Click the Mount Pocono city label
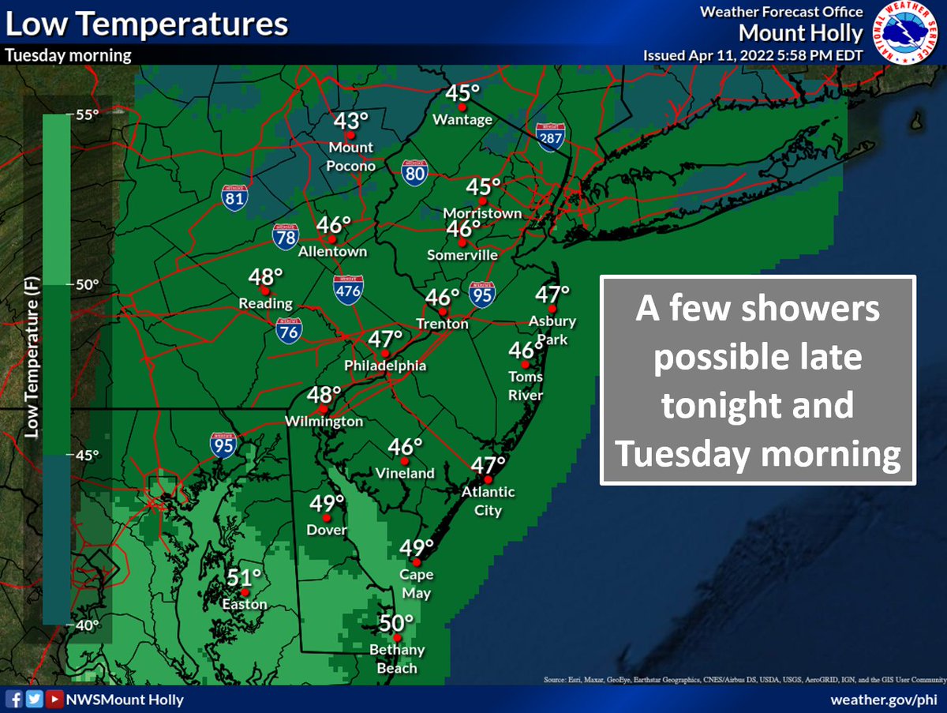351,156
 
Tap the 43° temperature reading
351,122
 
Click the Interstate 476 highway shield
348,288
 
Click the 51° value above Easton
245,577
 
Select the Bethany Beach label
397,659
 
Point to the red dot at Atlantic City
488,479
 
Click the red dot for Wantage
463,107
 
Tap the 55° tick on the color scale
87,114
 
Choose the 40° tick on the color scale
87,625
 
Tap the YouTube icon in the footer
51,700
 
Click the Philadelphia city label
385,366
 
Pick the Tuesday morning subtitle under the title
69,56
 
